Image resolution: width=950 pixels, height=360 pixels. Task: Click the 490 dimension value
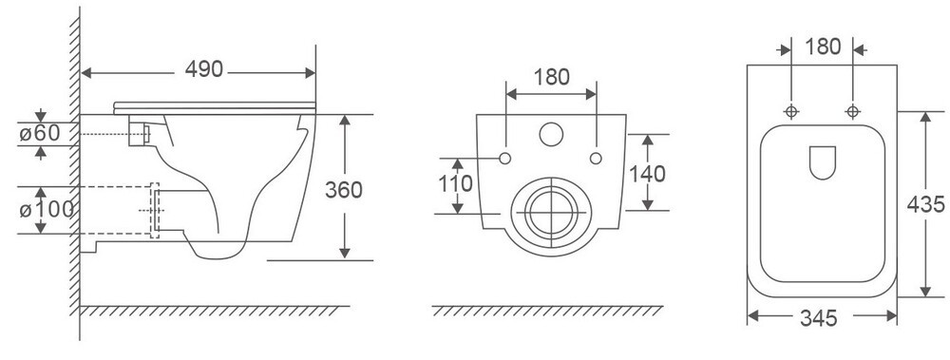point(204,69)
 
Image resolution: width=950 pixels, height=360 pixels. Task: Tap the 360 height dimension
point(344,190)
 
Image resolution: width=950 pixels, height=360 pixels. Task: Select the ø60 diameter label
point(40,133)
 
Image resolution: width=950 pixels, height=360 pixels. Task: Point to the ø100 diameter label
point(46,210)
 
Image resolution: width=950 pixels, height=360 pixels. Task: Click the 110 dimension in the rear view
point(455,183)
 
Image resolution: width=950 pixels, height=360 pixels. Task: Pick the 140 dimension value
point(647,175)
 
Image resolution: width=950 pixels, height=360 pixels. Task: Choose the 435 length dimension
point(925,205)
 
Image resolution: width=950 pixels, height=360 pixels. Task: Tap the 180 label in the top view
point(824,47)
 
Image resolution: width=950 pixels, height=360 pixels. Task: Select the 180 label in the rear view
point(551,78)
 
